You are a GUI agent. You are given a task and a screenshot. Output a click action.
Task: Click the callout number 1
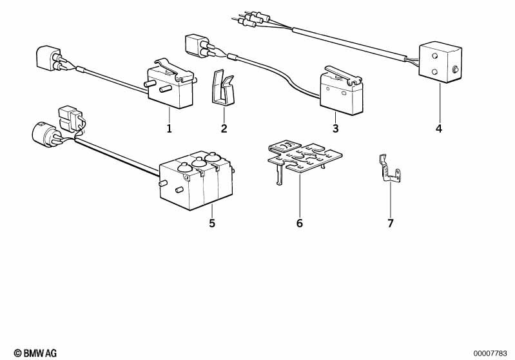click(169, 128)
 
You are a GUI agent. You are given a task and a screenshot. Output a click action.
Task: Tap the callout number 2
click(224, 128)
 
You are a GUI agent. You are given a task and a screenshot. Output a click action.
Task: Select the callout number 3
click(335, 128)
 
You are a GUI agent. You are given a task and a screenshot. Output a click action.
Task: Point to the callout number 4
click(439, 128)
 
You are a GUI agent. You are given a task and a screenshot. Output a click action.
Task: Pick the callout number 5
click(212, 223)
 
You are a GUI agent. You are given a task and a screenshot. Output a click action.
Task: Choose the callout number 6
click(300, 223)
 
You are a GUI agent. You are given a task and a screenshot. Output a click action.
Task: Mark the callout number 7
click(390, 223)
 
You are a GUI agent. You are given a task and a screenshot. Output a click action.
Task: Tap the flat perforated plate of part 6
click(304, 157)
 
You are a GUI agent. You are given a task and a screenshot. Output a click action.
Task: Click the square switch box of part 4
click(440, 62)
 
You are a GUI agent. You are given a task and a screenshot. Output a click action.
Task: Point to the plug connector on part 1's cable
click(48, 58)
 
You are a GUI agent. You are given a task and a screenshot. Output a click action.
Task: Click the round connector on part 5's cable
click(44, 134)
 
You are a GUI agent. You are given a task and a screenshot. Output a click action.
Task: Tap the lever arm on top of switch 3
click(342, 74)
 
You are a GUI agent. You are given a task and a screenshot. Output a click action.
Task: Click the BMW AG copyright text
click(35, 353)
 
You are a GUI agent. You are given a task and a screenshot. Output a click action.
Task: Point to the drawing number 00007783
click(490, 354)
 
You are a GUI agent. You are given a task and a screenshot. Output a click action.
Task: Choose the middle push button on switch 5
click(199, 162)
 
